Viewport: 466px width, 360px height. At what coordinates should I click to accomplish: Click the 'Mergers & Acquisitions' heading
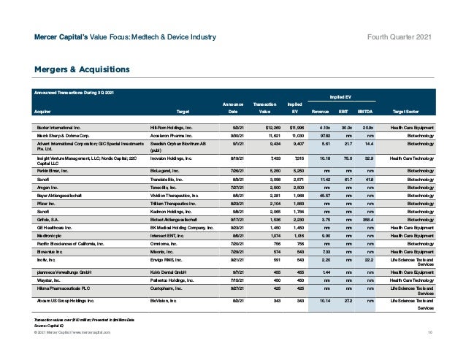point(77,69)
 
